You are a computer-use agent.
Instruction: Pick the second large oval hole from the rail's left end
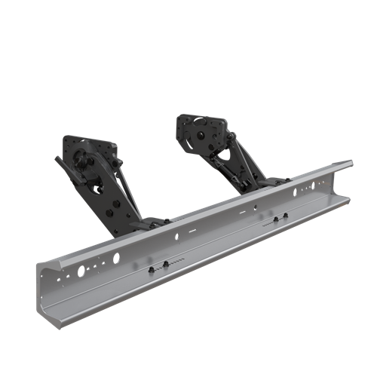(116, 257)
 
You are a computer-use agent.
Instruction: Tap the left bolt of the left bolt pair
(152, 270)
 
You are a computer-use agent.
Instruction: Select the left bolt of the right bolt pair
(275, 220)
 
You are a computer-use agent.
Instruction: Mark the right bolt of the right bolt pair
(285, 216)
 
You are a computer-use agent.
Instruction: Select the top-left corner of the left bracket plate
(66, 138)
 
